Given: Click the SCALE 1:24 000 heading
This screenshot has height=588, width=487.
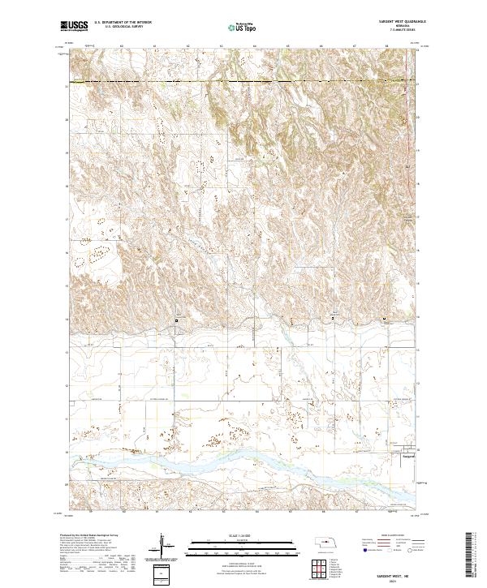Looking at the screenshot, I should click(230, 536).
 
